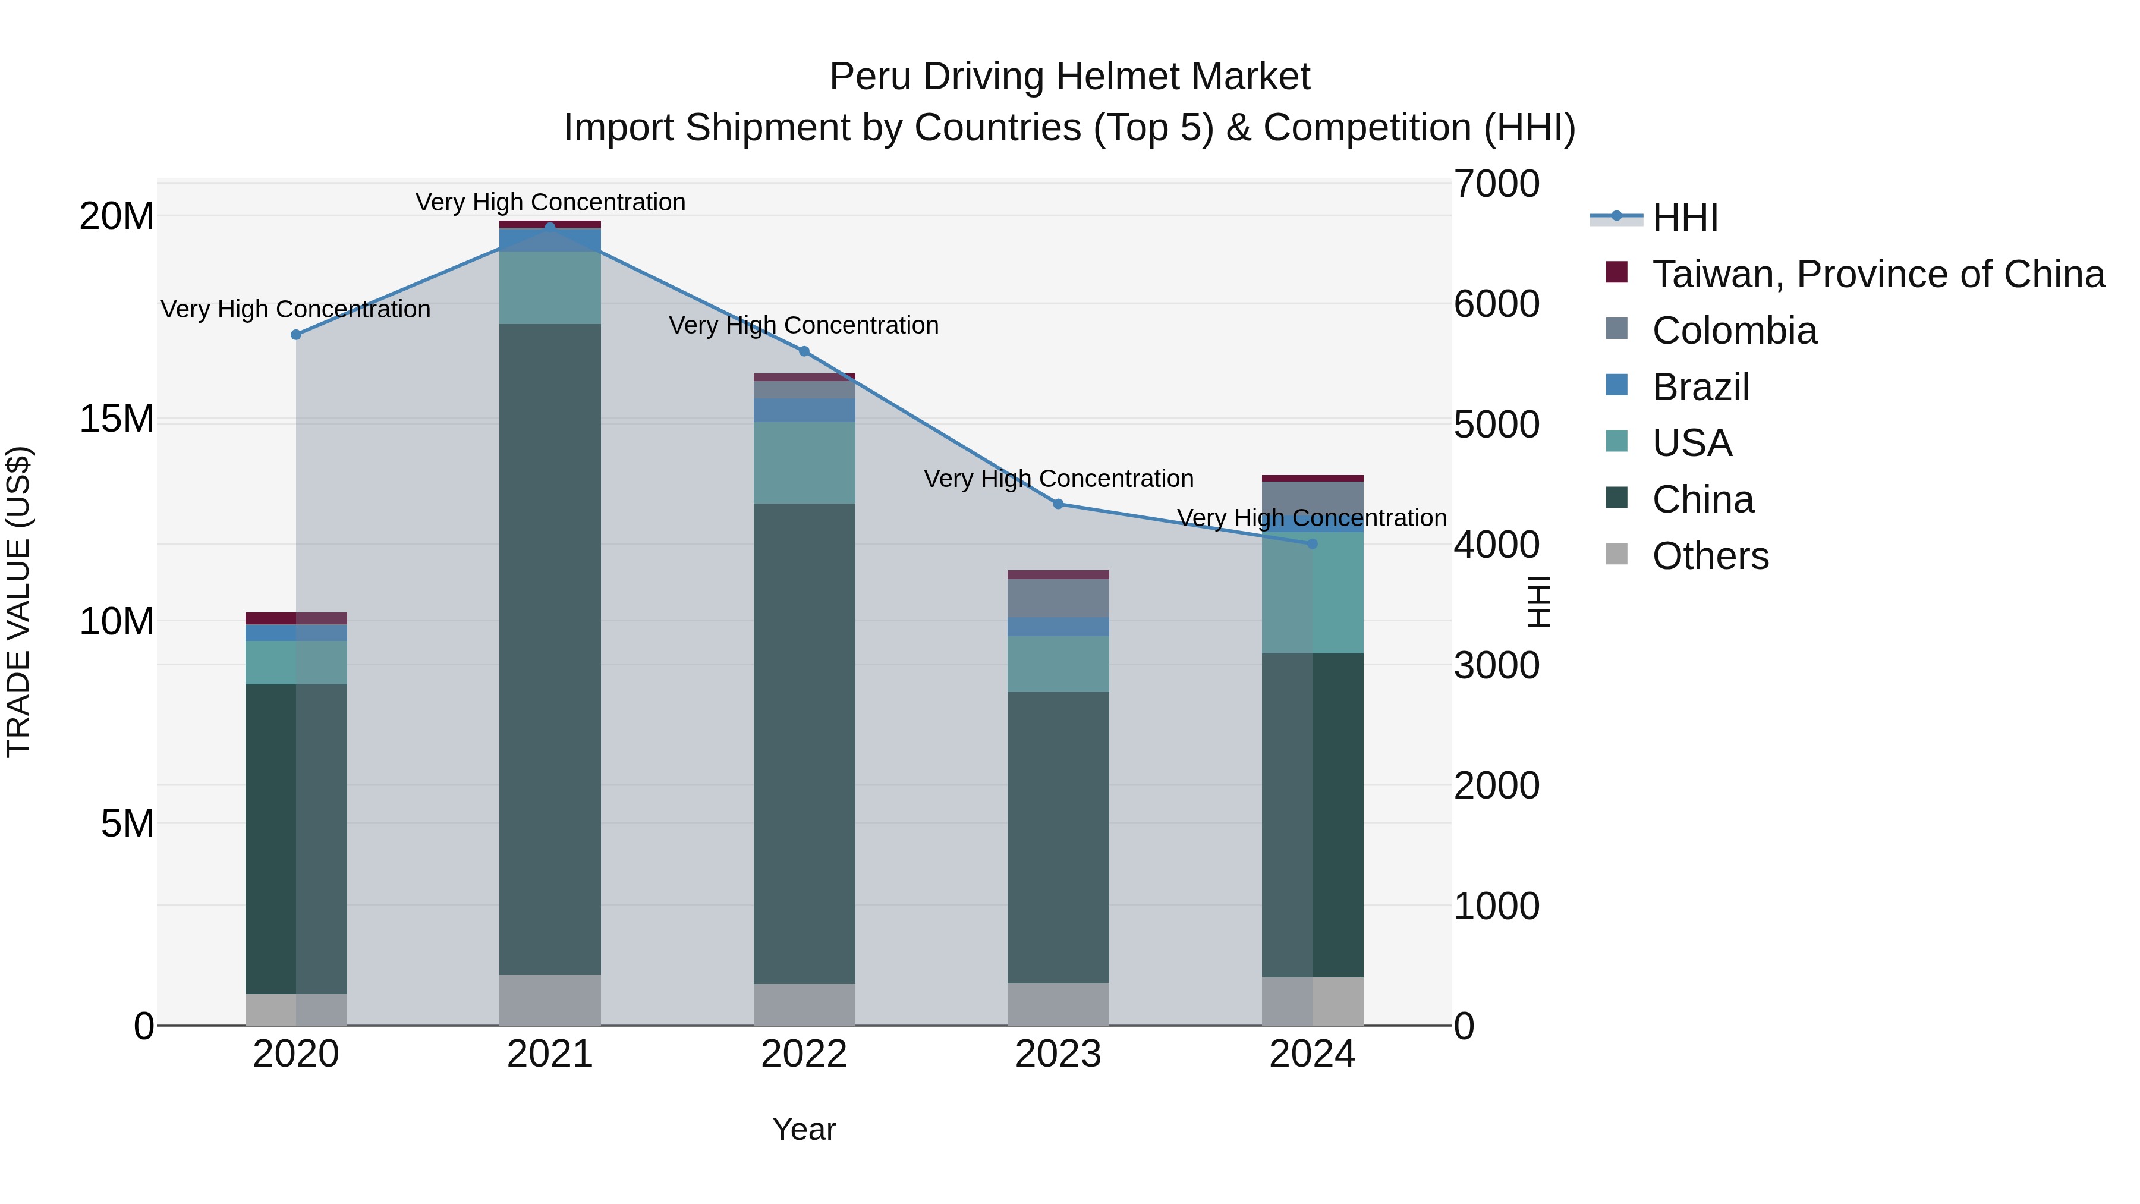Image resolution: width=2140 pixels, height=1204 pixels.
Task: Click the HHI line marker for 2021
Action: click(x=550, y=227)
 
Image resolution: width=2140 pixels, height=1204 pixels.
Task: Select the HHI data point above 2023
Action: click(x=1058, y=504)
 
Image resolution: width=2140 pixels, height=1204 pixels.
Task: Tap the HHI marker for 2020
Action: click(x=296, y=334)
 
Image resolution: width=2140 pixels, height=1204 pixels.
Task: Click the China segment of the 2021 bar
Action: click(x=550, y=648)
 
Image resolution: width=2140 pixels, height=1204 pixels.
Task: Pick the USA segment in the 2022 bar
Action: click(x=804, y=462)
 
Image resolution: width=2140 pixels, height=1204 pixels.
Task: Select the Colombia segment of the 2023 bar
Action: click(x=1058, y=598)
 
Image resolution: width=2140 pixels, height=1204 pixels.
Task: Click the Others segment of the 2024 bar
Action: click(x=1312, y=1001)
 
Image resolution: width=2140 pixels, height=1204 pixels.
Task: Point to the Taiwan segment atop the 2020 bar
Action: click(x=296, y=618)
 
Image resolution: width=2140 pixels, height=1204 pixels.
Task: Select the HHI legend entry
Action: click(x=1684, y=218)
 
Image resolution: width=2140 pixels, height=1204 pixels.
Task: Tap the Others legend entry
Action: click(x=1710, y=556)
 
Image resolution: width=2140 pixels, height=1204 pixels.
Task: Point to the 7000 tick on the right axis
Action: click(x=1496, y=184)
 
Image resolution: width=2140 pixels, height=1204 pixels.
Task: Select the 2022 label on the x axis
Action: click(x=804, y=1054)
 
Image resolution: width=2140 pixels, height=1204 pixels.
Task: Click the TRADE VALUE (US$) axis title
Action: click(x=18, y=602)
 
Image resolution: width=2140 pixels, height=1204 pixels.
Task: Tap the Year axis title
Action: click(x=804, y=1129)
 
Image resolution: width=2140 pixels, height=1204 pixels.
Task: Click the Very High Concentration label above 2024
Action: click(x=1312, y=518)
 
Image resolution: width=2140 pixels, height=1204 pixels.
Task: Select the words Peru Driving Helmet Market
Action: click(x=1069, y=77)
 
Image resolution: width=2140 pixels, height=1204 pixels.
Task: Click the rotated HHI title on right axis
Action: click(x=1538, y=602)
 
